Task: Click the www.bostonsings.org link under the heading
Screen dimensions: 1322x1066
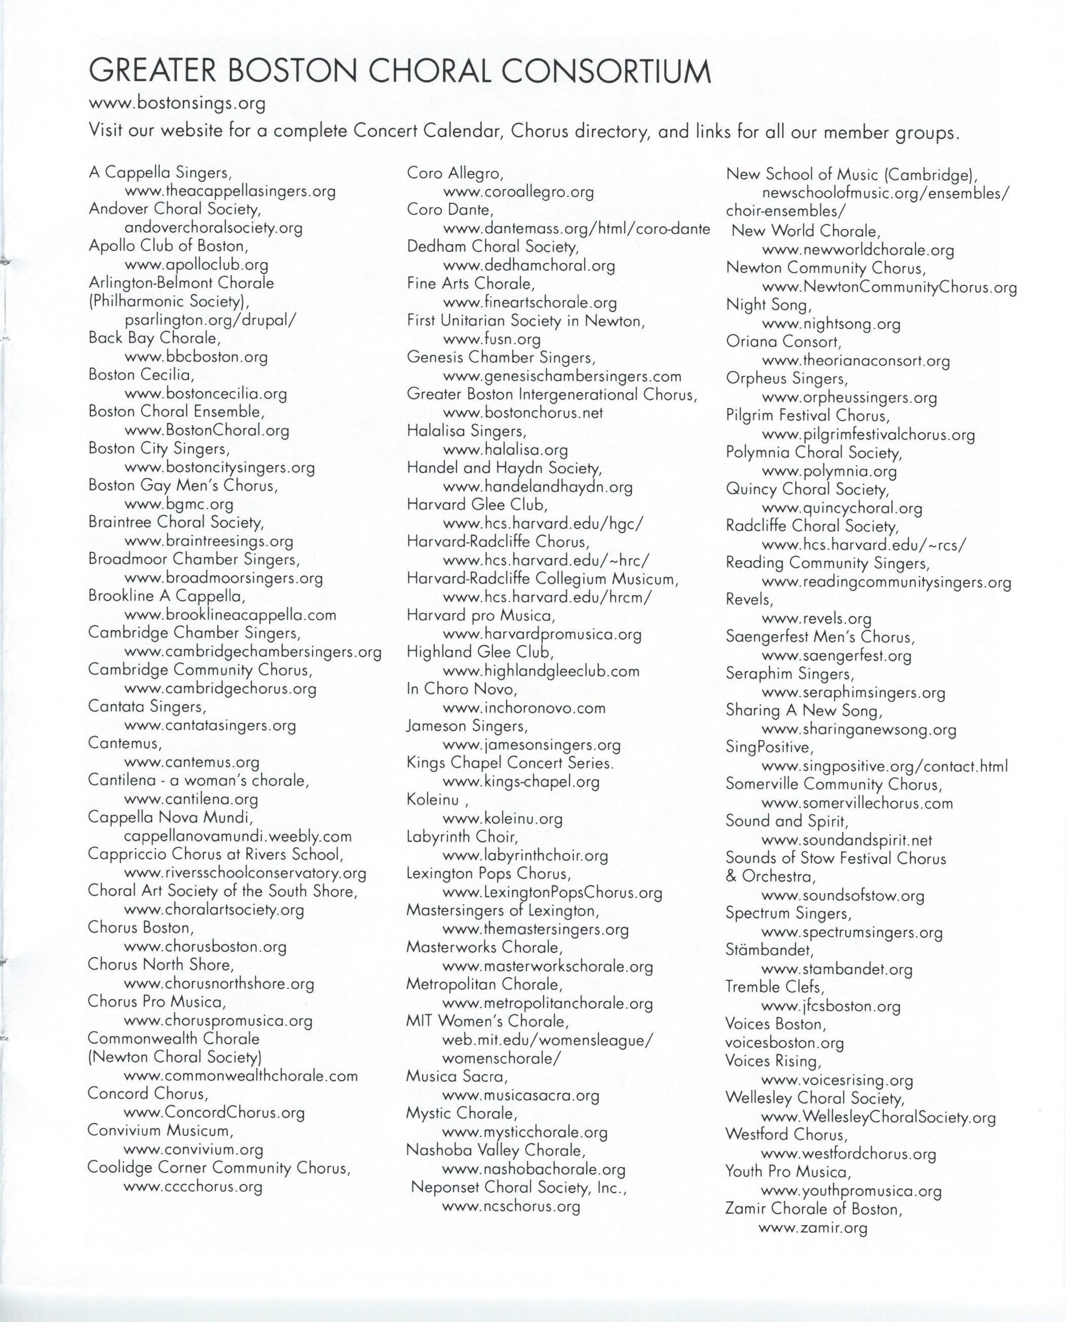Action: pos(177,103)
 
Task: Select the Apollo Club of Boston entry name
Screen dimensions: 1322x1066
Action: pos(168,246)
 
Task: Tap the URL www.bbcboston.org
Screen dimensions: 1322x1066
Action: pos(196,357)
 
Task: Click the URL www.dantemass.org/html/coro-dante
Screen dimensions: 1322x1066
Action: pos(576,229)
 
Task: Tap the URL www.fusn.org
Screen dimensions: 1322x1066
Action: pos(491,339)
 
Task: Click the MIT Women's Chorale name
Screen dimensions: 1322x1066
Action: pos(487,1021)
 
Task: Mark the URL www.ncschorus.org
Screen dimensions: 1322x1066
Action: pos(511,1206)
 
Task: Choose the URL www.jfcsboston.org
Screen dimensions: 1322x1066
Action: pos(831,1006)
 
